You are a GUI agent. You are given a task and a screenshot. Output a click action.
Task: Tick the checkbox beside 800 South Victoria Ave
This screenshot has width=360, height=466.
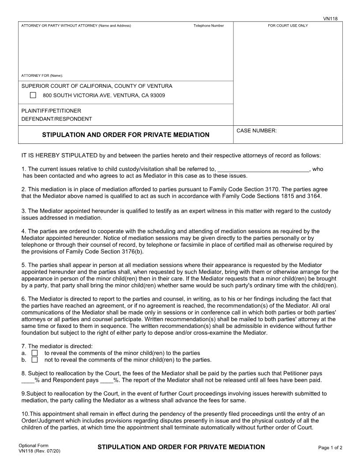point(33,95)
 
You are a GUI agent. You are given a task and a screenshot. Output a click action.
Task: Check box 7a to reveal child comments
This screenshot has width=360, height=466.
point(35,353)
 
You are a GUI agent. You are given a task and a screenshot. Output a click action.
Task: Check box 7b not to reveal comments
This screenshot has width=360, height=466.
point(35,360)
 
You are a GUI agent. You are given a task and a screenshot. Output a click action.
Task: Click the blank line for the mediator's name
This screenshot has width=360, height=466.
point(263,169)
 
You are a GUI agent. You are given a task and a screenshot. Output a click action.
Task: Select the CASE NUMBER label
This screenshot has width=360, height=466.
point(257,131)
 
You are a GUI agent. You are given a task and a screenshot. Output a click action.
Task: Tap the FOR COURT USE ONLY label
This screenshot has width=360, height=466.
point(288,26)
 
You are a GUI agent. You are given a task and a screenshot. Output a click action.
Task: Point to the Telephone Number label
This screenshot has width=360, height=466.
point(208,26)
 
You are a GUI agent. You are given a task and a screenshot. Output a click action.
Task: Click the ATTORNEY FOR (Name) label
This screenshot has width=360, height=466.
point(42,75)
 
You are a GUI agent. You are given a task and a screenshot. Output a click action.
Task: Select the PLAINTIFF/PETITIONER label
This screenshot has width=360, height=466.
point(51,111)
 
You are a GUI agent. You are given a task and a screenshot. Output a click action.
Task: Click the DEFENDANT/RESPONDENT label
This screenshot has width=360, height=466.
point(56,119)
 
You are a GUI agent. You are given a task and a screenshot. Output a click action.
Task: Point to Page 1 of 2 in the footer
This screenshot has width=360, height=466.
point(330,448)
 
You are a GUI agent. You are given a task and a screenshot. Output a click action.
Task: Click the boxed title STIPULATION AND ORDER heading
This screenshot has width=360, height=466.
point(126,135)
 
